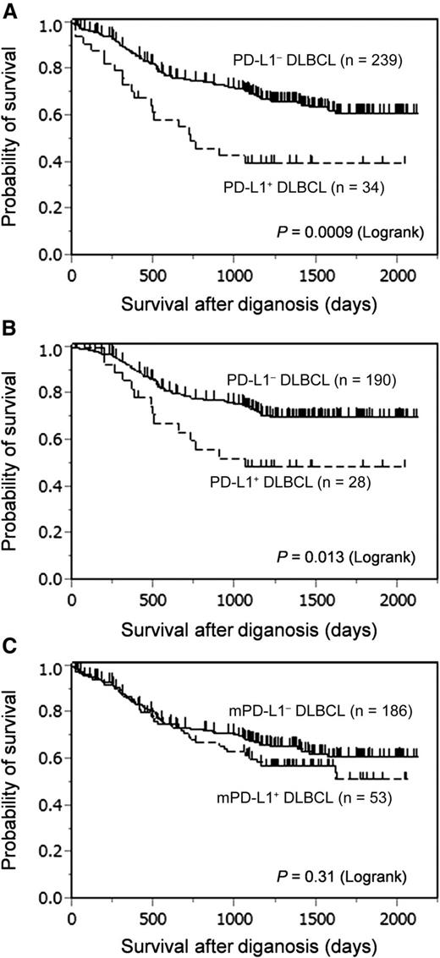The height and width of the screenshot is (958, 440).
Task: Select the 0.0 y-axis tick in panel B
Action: tap(52, 580)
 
